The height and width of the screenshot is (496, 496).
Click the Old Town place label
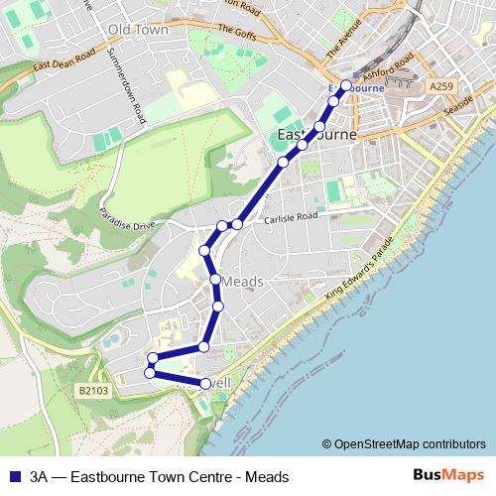[x=139, y=30]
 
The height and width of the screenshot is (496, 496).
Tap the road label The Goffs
[x=237, y=32]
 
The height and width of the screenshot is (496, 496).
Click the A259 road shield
[x=441, y=87]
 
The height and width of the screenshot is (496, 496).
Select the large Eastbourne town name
[x=313, y=134]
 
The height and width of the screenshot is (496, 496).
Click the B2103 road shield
[x=91, y=392]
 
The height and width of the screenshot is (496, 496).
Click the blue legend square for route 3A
[x=14, y=476]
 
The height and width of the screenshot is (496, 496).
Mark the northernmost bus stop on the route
[x=345, y=85]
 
